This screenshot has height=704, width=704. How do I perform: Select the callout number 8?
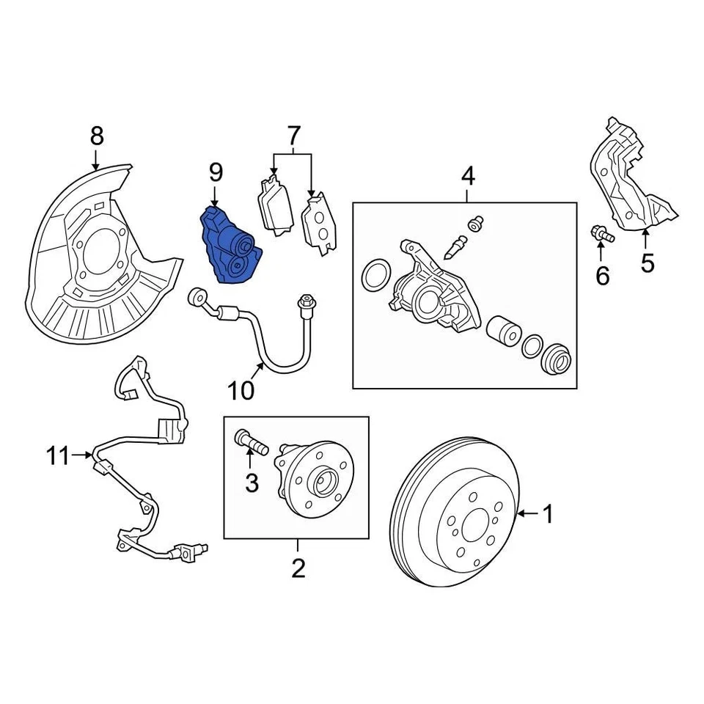97,136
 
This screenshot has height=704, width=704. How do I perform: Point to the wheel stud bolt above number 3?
249,442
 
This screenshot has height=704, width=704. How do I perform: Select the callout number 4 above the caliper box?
468,176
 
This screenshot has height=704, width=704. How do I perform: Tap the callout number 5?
647,263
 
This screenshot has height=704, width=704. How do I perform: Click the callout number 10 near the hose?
240,390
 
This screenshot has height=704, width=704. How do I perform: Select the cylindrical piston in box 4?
505,331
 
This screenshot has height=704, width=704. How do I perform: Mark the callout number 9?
215,172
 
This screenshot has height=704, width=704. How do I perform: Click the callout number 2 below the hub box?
298,568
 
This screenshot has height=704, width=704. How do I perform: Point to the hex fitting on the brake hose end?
304,301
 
